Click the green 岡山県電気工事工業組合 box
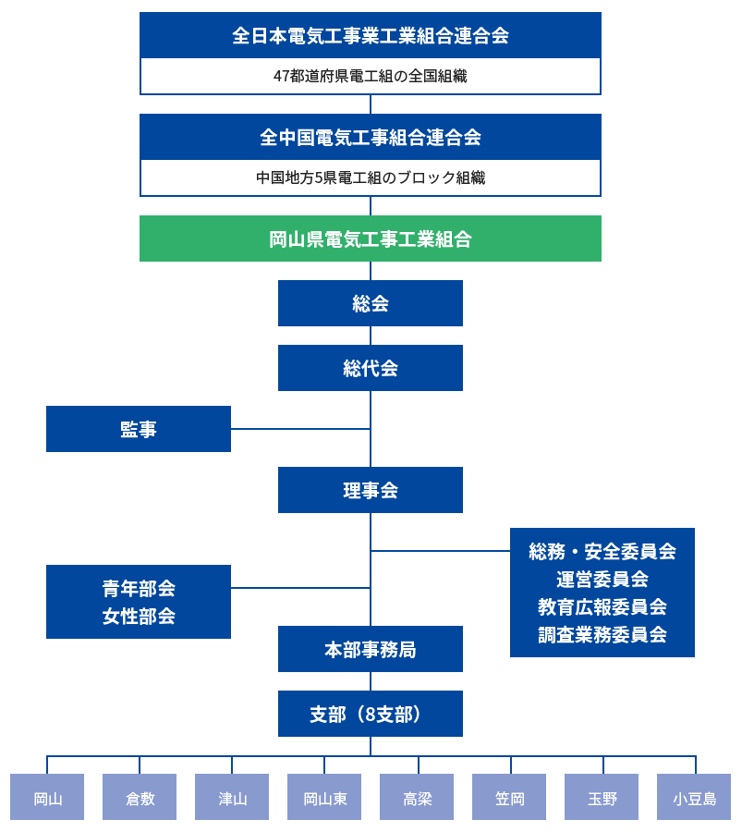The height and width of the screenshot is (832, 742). [x=371, y=239]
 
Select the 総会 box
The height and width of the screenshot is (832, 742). [x=371, y=303]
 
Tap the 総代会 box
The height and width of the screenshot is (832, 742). [x=371, y=368]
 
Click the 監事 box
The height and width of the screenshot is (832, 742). [x=139, y=429]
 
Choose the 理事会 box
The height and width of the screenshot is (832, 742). [x=371, y=490]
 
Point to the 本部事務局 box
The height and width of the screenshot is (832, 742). [x=371, y=649]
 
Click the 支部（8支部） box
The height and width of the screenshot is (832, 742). [x=371, y=714]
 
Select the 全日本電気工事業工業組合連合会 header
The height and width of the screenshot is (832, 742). [x=371, y=35]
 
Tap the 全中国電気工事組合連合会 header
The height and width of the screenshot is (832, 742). [x=371, y=137]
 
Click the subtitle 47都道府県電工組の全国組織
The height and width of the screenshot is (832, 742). [x=371, y=76]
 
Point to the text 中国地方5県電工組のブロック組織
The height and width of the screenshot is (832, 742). [x=371, y=177]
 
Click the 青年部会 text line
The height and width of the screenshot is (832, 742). [x=139, y=588]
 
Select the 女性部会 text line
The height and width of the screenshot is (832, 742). [x=139, y=616]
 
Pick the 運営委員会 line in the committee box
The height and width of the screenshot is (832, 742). [x=602, y=579]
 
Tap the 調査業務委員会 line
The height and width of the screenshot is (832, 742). [x=602, y=634]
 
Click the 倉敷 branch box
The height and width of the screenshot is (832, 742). [x=140, y=798]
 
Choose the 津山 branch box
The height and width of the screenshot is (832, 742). [x=232, y=798]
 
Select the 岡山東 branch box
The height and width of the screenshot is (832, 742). [x=324, y=798]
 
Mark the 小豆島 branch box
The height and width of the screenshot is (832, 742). [x=694, y=798]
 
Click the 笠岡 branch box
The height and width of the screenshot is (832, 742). [x=509, y=798]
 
